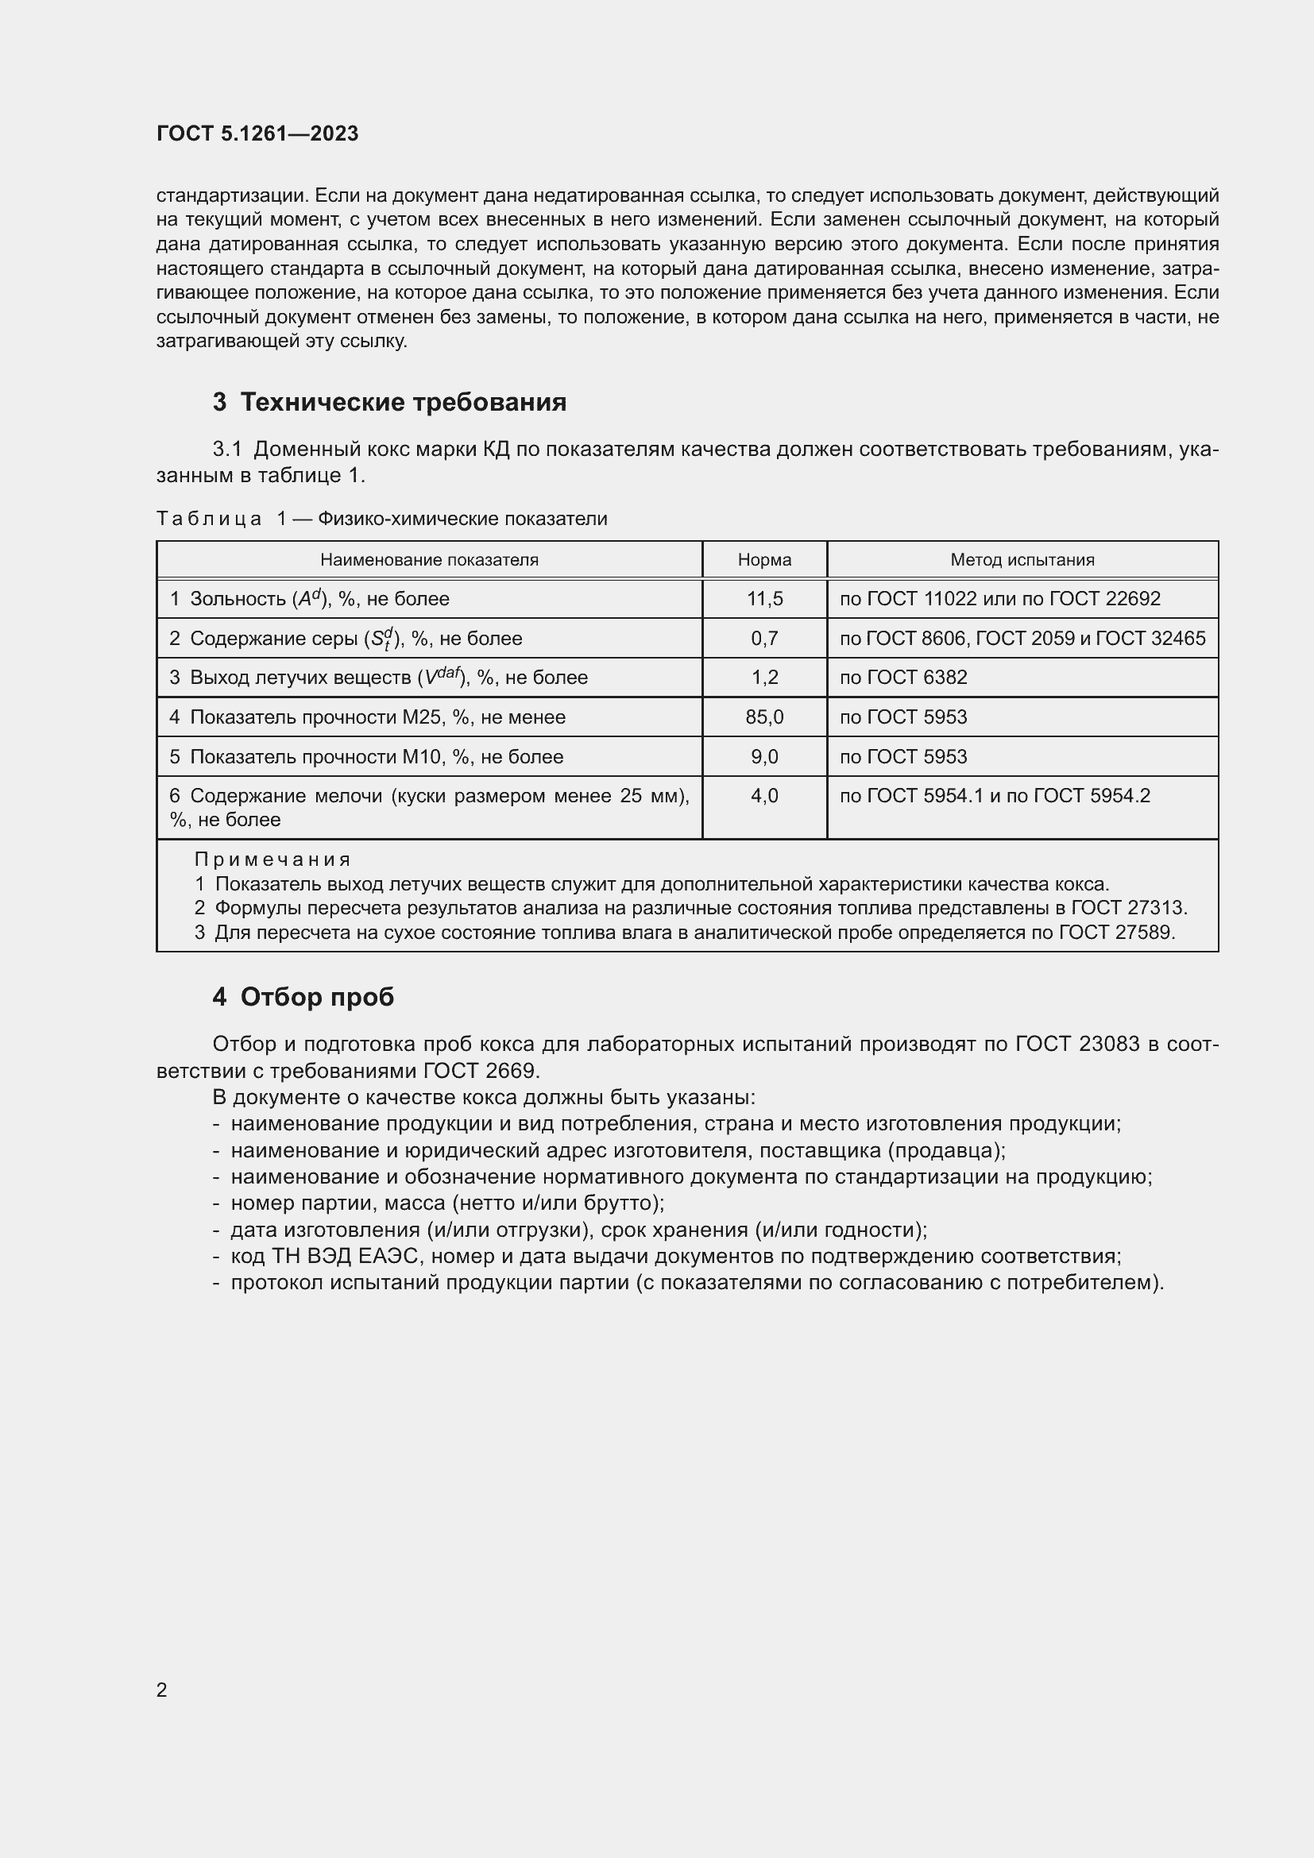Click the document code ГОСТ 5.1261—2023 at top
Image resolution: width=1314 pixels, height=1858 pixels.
[x=257, y=133]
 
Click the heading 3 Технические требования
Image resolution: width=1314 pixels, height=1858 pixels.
[x=389, y=402]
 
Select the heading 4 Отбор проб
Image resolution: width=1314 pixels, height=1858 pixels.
[x=303, y=997]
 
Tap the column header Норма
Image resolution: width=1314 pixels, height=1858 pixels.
[x=763, y=560]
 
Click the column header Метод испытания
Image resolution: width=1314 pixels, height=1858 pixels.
[x=1022, y=560]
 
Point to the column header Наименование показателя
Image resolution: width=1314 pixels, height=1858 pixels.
[x=429, y=560]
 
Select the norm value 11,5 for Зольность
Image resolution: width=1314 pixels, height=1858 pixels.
[x=763, y=599]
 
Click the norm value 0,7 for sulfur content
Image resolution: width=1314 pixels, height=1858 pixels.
[x=763, y=639]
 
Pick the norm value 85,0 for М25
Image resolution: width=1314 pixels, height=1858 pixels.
[x=763, y=717]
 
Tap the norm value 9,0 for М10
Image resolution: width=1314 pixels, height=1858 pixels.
[x=763, y=757]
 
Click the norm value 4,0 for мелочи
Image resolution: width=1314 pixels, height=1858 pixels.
[x=763, y=796]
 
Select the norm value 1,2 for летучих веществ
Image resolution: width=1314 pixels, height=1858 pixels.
[x=763, y=678]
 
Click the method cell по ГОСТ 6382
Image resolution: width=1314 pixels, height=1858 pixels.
[x=903, y=678]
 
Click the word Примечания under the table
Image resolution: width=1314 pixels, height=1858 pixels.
[x=272, y=859]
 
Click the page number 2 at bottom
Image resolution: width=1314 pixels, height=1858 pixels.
[x=162, y=1690]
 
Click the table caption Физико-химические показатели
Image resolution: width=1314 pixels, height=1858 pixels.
[x=462, y=519]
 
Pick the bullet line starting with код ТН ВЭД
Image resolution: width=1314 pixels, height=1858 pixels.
[x=675, y=1257]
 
